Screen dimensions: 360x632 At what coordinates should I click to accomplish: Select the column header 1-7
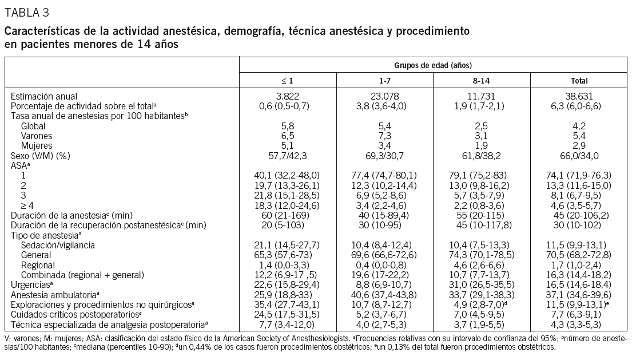385,81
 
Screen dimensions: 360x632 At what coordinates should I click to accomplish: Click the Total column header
579,81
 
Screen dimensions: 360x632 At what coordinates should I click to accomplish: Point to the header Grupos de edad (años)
434,65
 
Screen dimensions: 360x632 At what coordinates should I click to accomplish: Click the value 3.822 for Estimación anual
288,96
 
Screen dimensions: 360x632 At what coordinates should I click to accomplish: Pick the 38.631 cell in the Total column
579,96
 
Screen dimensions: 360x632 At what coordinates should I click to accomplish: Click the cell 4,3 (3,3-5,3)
579,324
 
